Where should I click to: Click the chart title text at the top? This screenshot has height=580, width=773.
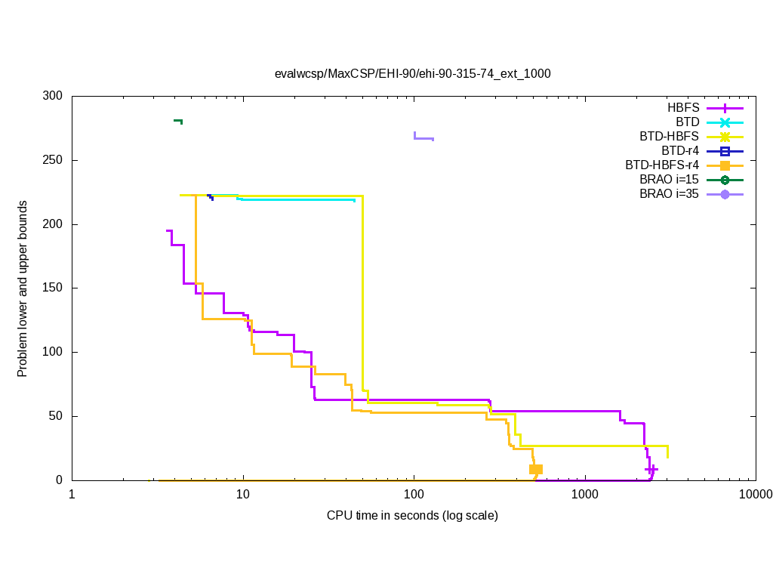point(412,74)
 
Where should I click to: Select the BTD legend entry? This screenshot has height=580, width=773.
point(688,122)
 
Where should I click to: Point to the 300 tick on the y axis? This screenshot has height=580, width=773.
point(53,97)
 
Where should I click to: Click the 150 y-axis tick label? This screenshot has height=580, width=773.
point(53,288)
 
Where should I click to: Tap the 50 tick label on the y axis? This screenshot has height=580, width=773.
point(56,416)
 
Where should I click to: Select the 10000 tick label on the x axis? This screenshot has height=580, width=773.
point(755,495)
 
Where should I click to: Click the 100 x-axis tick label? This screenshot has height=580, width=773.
point(414,495)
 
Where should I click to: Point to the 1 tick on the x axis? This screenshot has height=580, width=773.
point(72,495)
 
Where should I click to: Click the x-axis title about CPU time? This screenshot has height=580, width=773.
point(412,516)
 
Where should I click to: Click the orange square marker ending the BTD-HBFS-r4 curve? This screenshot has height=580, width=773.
point(536,469)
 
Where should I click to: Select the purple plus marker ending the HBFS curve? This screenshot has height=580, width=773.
point(651,469)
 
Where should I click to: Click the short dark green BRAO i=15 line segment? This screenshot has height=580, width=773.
point(178,121)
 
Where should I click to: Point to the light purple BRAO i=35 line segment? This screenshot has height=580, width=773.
point(423,138)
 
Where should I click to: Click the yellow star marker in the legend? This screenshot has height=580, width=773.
point(725,137)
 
